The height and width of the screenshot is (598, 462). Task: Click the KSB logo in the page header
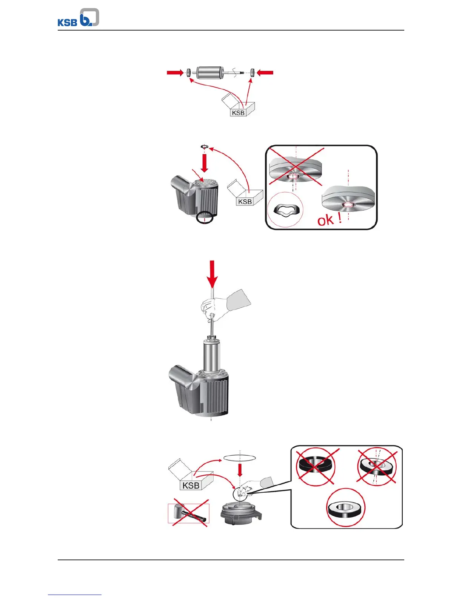(x=78, y=18)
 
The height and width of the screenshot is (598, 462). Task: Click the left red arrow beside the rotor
(x=175, y=72)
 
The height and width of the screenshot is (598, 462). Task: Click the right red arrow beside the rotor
(x=265, y=72)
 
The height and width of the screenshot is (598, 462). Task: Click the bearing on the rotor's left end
(x=188, y=72)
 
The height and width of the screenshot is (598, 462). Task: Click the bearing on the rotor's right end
(x=252, y=72)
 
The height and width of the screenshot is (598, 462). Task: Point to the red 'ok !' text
(x=329, y=219)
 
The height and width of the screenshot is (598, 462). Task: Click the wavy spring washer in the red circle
(x=285, y=209)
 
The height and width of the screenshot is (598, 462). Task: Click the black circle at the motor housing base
(x=205, y=218)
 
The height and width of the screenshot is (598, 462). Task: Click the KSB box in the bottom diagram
(x=191, y=483)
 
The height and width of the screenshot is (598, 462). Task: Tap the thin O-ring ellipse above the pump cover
(x=240, y=457)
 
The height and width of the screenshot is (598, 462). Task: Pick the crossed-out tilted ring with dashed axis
(x=376, y=467)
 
